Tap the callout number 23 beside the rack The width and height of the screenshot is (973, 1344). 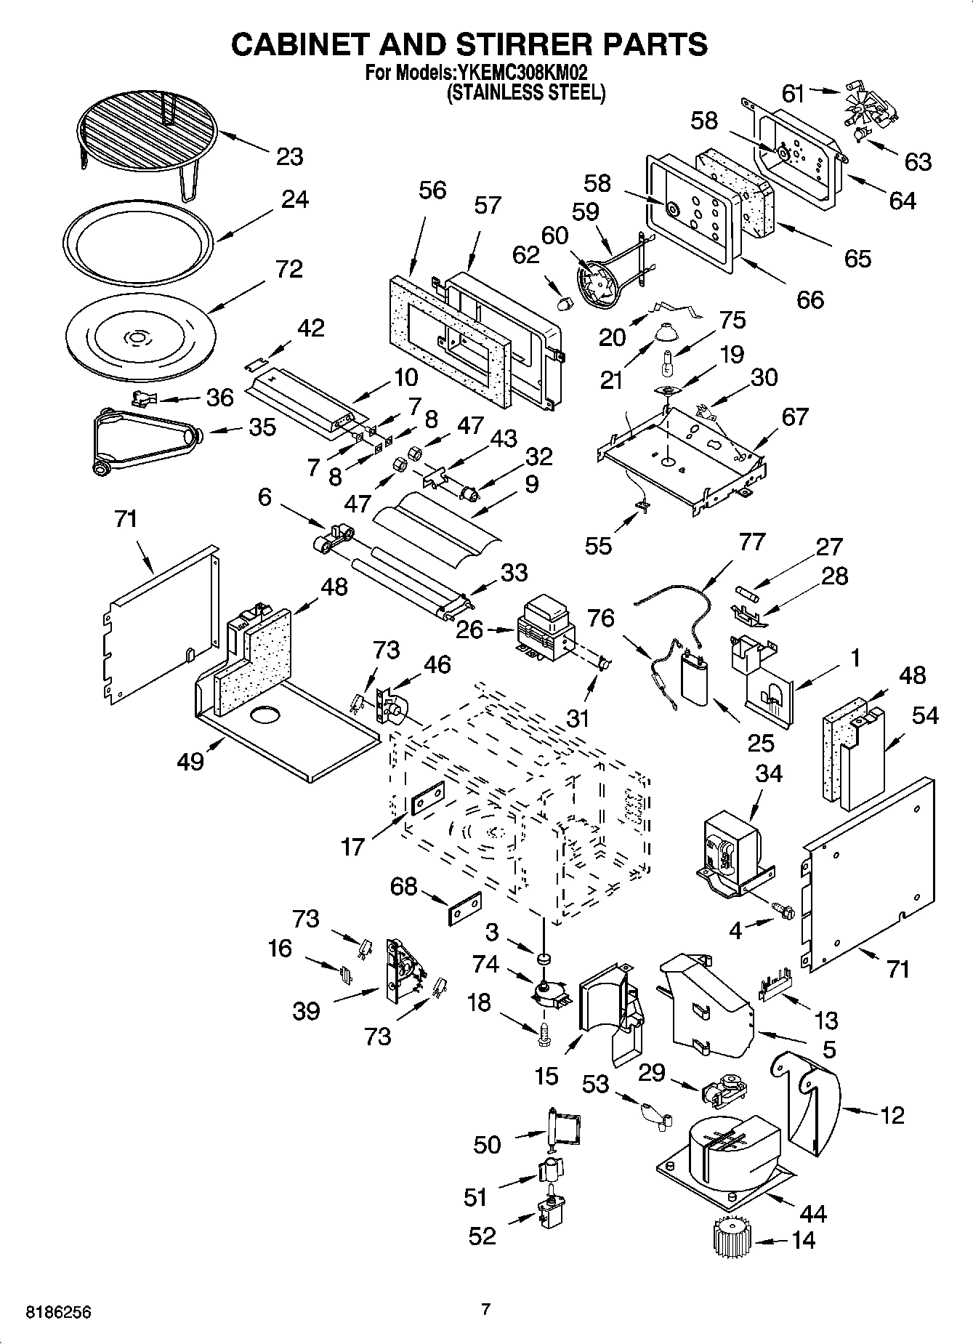click(289, 156)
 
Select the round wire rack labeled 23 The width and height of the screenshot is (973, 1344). click(145, 131)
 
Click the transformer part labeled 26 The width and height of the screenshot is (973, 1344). click(544, 628)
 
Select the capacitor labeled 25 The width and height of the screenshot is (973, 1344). click(697, 677)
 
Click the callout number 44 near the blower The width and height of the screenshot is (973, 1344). click(812, 1213)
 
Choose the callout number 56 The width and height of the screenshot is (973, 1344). click(432, 190)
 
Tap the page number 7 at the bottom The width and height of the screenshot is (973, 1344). click(486, 1309)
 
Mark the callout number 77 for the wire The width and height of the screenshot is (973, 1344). click(752, 542)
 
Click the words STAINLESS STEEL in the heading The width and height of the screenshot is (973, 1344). click(525, 92)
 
